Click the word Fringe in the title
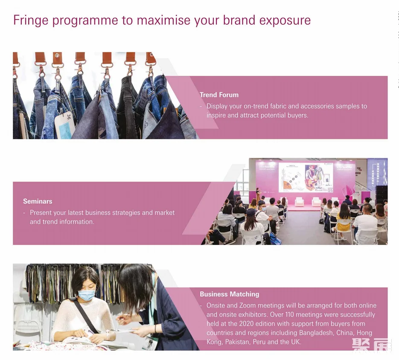(x=31, y=20)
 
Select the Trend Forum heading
(x=219, y=95)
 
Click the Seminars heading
(x=38, y=201)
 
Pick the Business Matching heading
(x=229, y=294)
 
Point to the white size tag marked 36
(x=64, y=125)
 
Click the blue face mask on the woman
(x=87, y=295)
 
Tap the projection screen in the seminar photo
(x=306, y=177)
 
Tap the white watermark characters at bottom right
(x=372, y=345)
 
